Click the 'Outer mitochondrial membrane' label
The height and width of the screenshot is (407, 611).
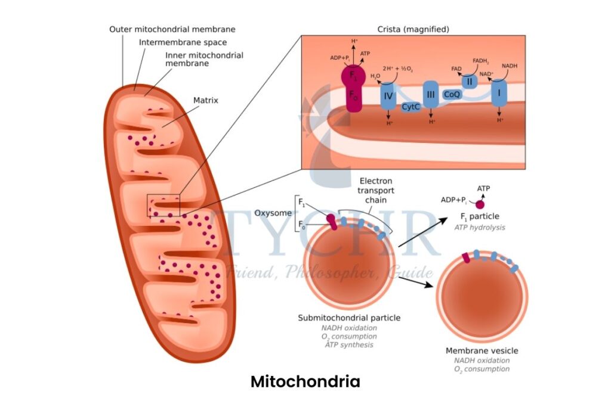[172, 29]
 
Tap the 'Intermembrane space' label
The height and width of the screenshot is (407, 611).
[183, 42]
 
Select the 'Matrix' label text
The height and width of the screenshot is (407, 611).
[205, 101]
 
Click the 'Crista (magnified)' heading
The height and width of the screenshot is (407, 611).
[413, 29]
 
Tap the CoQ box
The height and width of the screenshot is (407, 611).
[452, 94]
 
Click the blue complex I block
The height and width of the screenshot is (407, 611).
[499, 94]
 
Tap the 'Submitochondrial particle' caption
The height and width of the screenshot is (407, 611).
[349, 318]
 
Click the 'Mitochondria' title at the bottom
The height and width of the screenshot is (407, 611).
[305, 381]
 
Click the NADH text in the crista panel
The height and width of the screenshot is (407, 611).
[510, 66]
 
